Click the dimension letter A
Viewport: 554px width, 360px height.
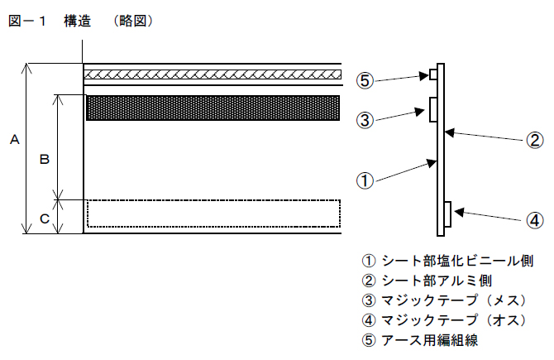(x=14, y=141)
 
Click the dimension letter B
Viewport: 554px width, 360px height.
(x=45, y=158)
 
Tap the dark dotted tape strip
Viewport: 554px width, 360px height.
(x=213, y=108)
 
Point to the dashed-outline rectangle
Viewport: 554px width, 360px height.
(x=213, y=214)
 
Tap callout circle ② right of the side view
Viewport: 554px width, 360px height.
(x=535, y=140)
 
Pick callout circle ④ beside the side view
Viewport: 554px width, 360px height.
(x=535, y=220)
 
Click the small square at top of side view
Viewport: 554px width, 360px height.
(x=433, y=75)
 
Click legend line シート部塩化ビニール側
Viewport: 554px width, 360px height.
(x=447, y=262)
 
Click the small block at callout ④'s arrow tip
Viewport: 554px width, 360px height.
(x=447, y=214)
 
